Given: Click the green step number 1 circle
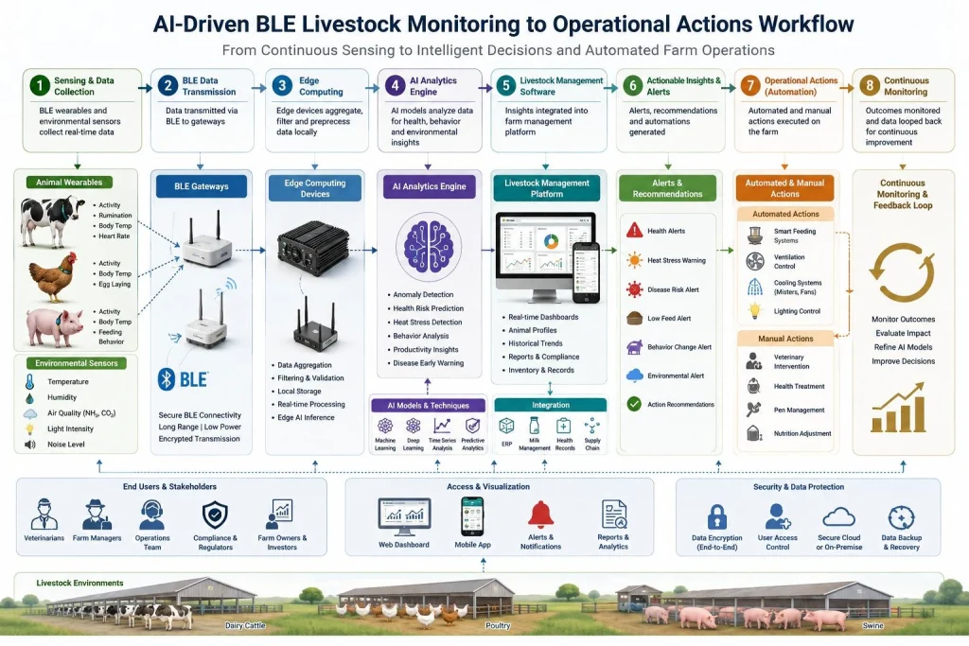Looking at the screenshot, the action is coord(40,85).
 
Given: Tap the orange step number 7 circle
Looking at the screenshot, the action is coord(750,85).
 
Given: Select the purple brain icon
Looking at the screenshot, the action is coord(429,245).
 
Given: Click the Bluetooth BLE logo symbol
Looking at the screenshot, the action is coord(167,379).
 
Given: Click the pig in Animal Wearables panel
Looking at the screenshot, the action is coord(54,326).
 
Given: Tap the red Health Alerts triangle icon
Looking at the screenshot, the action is coord(634,231).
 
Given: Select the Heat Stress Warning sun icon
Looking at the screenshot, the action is coord(634,260).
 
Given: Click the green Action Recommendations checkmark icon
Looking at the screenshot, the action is coord(634,404).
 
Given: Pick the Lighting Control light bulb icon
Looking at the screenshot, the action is coord(754,310).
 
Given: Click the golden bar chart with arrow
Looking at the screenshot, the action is coord(898,407).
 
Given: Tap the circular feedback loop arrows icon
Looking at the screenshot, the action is coord(902,271).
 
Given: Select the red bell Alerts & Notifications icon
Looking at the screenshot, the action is coord(540,515).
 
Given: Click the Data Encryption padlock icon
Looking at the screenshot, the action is coord(717,517).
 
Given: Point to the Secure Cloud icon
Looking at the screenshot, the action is coord(838,517).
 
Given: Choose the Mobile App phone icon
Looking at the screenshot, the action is coord(473,516).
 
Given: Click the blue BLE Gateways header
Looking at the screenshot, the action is coord(202,186).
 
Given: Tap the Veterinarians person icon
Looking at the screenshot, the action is coord(44,515).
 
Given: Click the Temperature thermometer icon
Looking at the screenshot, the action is coord(29,382).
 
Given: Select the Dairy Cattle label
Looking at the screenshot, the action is coord(245,625).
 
